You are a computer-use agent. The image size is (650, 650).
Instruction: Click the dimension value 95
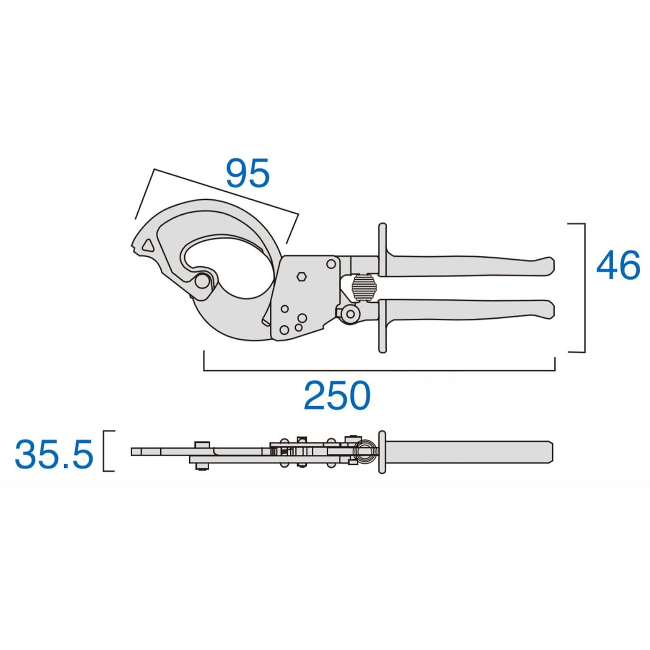248,173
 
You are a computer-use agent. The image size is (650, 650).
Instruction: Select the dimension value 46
618,265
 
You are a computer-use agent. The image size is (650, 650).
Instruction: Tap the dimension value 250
337,395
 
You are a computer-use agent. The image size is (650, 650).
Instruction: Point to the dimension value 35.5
54,454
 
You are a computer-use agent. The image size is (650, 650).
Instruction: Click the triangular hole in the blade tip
148,246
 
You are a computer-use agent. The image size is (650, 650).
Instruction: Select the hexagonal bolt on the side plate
301,276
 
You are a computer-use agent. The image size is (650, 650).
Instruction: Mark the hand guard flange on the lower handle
382,326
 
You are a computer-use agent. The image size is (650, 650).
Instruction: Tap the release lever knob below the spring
351,314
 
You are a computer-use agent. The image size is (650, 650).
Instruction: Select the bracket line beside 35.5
104,451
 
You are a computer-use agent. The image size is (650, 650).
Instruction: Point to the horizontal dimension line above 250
379,370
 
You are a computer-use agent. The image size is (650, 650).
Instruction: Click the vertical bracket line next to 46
585,288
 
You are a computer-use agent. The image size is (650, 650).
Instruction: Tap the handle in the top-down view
468,451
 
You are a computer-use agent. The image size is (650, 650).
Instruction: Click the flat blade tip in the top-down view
145,452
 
